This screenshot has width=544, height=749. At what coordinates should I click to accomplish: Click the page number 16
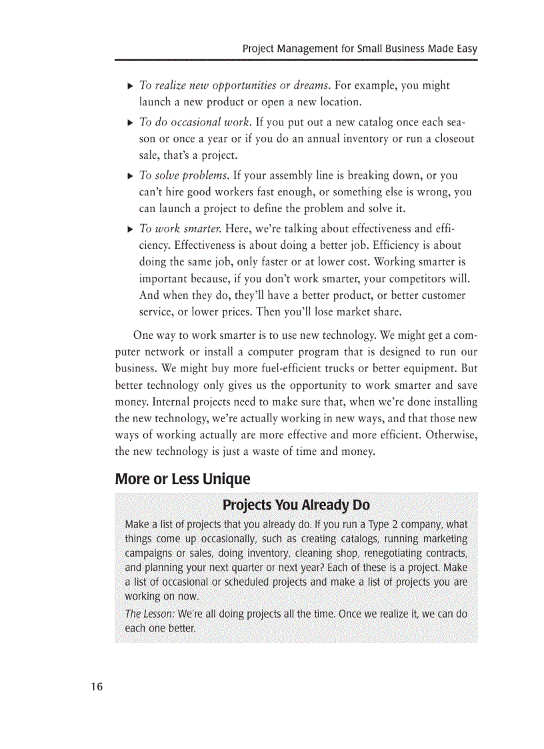point(97,687)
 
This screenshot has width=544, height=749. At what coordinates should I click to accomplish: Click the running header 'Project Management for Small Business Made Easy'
point(359,49)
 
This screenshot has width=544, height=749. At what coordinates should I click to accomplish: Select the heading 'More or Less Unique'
point(182,479)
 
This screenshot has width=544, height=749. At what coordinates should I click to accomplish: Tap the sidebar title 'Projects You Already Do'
point(296,505)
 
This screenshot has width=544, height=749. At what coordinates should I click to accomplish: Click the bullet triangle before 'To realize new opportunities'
point(130,86)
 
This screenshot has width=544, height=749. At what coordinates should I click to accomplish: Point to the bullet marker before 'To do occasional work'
point(130,123)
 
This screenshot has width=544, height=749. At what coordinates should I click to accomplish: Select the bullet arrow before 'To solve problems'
point(130,176)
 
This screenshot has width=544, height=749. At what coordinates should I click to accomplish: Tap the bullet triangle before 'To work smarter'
point(130,229)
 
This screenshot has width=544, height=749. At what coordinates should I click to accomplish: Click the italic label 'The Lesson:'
point(149,614)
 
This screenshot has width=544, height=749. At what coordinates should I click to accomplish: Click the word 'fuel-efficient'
point(291,368)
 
